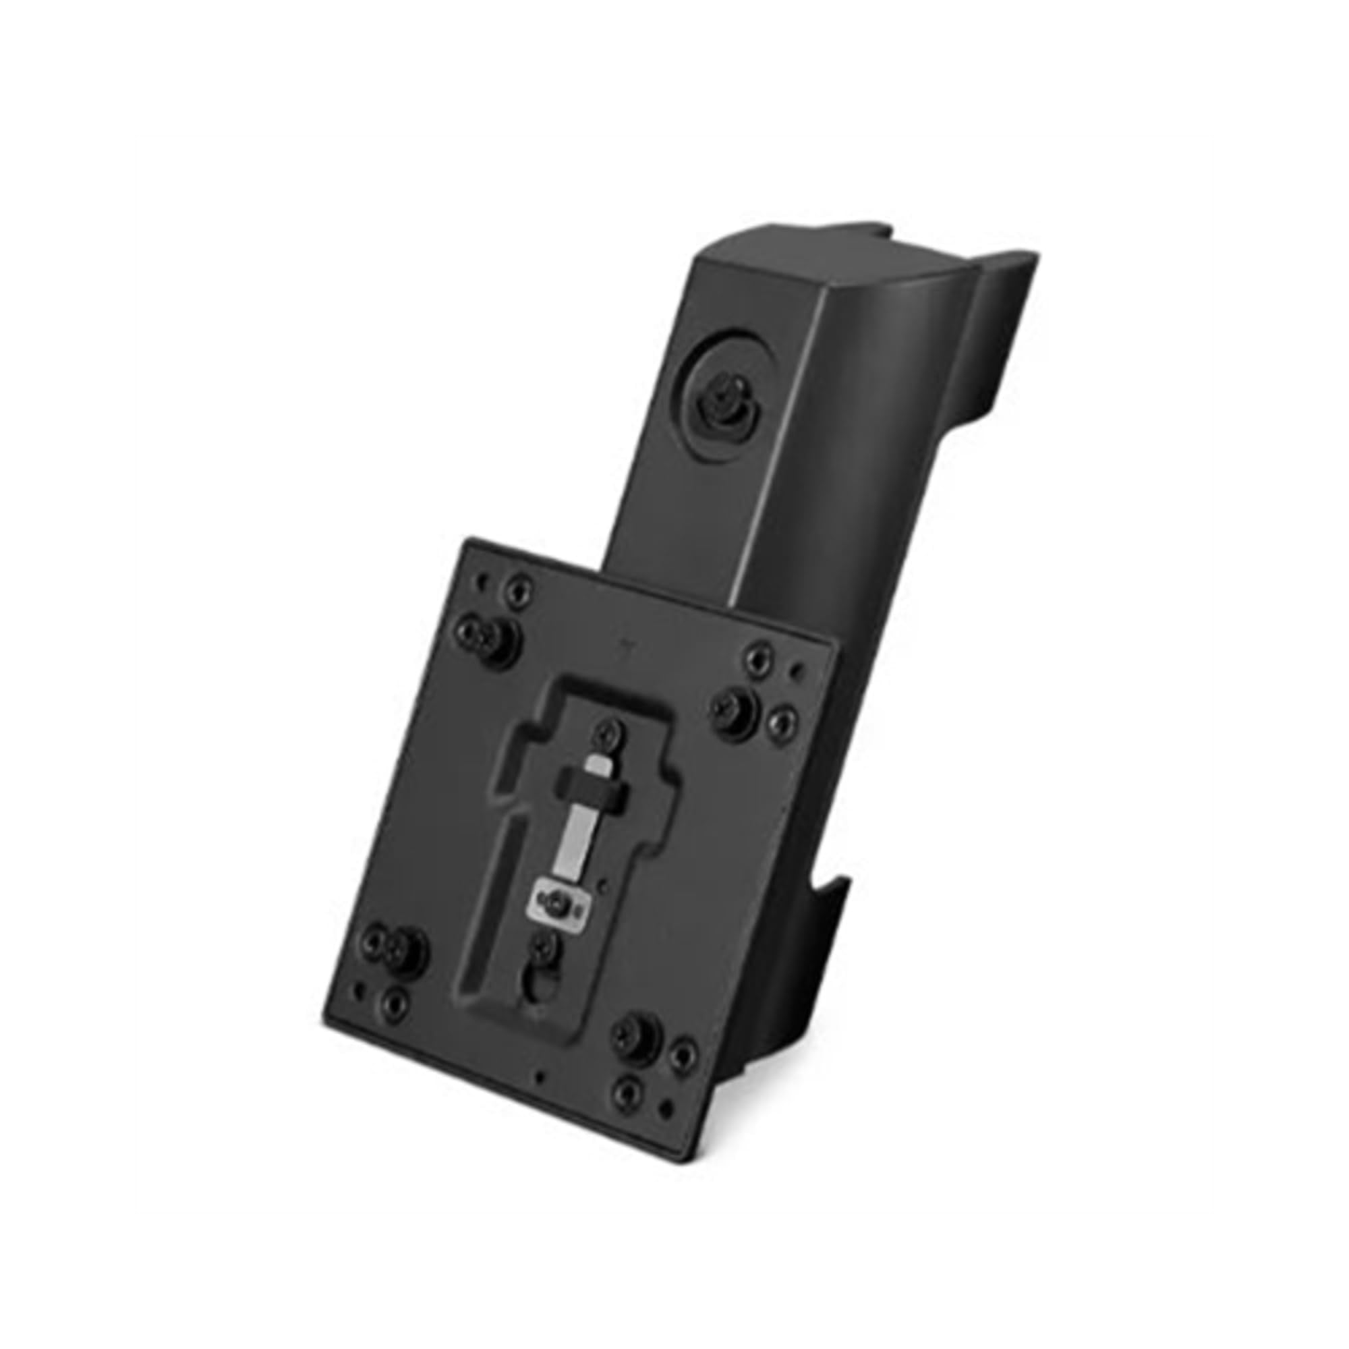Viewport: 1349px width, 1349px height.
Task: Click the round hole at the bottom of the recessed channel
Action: [x=536, y=987]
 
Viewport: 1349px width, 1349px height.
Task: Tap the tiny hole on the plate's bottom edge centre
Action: [x=536, y=1076]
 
